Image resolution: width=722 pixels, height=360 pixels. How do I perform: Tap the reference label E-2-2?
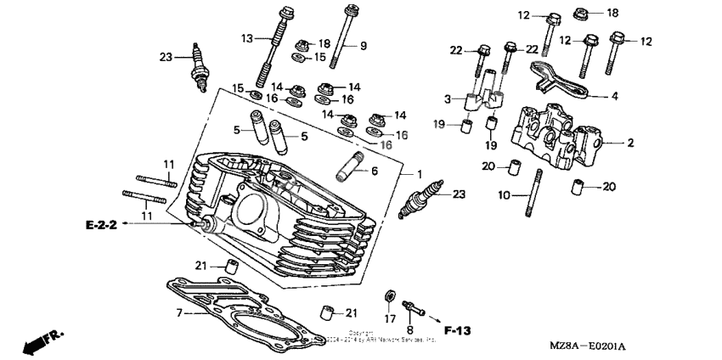pos(100,224)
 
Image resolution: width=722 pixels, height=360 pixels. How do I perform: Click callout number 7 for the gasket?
pos(179,313)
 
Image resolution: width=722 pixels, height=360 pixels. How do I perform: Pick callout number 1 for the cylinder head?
pos(420,174)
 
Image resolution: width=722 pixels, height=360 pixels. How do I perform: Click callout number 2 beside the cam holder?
pos(630,143)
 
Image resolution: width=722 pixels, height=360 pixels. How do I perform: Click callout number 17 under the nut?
pos(389,319)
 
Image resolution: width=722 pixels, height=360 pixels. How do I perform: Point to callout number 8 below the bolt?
pos(410,329)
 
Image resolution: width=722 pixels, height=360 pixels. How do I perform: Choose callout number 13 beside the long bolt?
pos(246,38)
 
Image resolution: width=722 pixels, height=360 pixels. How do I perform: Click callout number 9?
pos(364,44)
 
